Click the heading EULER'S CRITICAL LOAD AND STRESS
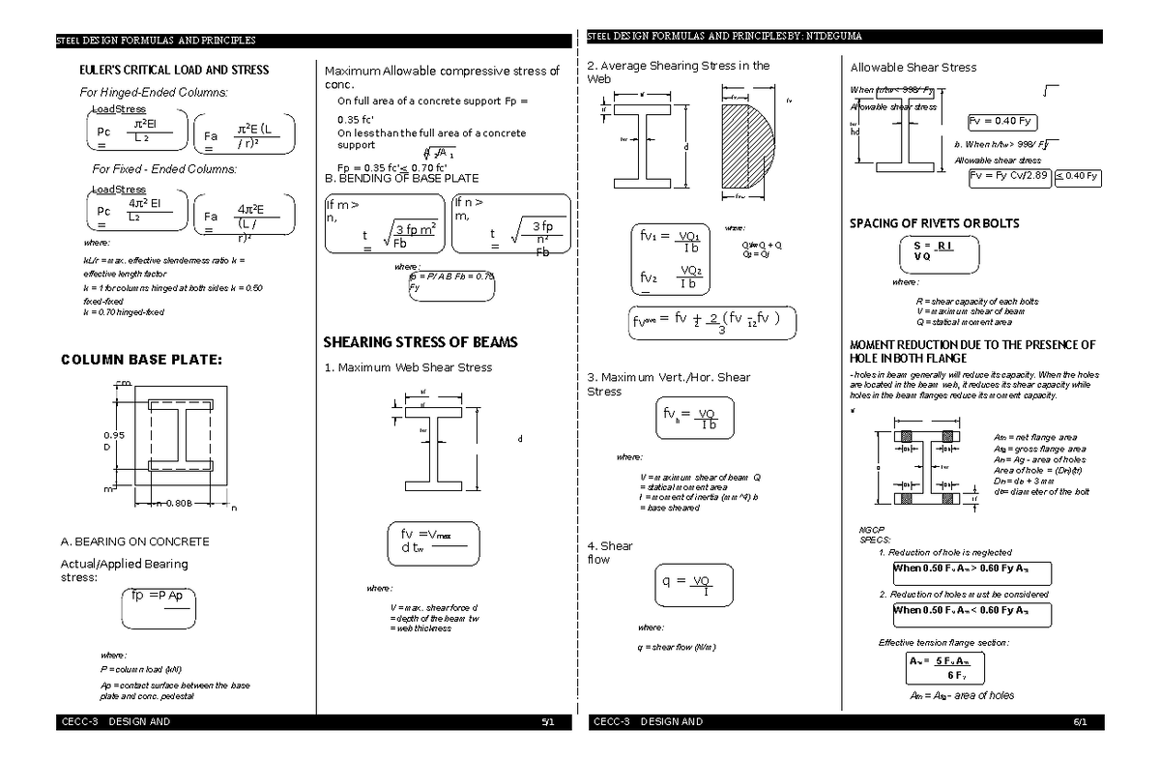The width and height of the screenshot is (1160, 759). click(x=173, y=71)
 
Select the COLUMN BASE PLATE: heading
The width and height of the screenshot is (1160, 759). click(x=141, y=361)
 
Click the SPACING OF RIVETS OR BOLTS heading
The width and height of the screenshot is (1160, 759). click(x=934, y=223)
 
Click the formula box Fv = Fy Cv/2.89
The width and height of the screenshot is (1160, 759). click(x=1008, y=175)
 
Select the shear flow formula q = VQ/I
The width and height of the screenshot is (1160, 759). click(x=693, y=585)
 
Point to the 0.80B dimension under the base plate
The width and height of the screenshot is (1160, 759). click(x=179, y=504)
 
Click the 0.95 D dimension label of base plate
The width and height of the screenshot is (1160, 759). click(x=114, y=441)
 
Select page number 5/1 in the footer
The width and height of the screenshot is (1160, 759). click(x=547, y=722)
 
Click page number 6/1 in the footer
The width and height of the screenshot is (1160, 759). click(x=1080, y=722)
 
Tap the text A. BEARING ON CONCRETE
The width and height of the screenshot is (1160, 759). click(x=134, y=541)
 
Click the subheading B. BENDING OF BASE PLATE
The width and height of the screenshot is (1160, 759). click(x=401, y=179)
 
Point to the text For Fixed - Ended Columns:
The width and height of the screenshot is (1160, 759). click(x=163, y=169)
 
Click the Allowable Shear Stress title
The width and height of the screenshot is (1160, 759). click(x=913, y=68)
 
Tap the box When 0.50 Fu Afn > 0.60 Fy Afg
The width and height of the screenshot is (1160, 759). click(x=971, y=569)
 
